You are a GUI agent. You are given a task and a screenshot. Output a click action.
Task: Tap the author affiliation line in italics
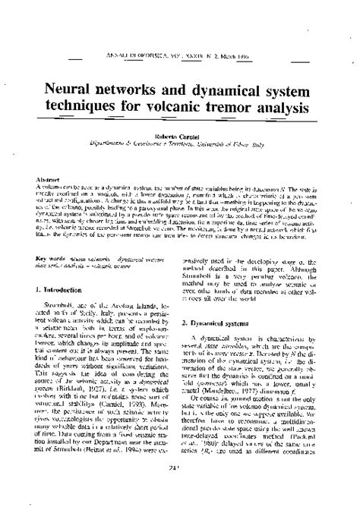[x=180, y=140]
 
